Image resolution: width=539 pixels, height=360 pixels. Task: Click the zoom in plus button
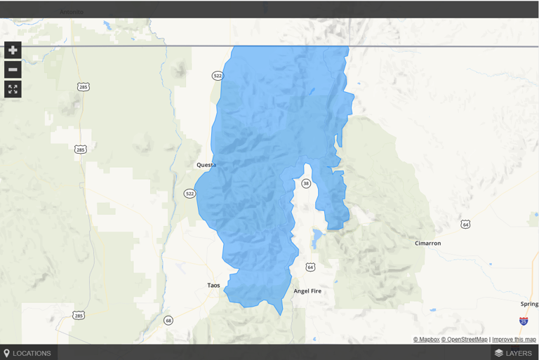pyautogui.click(x=13, y=50)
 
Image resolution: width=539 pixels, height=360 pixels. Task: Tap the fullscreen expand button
pyautogui.click(x=13, y=89)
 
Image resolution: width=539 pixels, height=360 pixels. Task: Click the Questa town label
pyautogui.click(x=206, y=165)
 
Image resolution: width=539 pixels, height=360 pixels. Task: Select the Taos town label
pyautogui.click(x=214, y=286)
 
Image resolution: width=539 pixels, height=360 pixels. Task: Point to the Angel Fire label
pyautogui.click(x=307, y=291)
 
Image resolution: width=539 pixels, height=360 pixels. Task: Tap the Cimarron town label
pyautogui.click(x=427, y=244)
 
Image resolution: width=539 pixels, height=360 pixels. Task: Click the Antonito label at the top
pyautogui.click(x=72, y=12)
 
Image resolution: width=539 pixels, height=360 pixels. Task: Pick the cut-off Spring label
pyautogui.click(x=529, y=304)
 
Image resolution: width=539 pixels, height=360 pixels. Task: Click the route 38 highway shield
pyautogui.click(x=306, y=183)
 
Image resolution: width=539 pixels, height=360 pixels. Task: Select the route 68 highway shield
pyautogui.click(x=168, y=321)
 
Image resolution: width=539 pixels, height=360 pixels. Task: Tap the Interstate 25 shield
pyautogui.click(x=524, y=321)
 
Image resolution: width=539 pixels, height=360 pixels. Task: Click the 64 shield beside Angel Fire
pyautogui.click(x=310, y=267)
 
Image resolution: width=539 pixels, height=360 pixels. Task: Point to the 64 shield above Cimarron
pyautogui.click(x=465, y=224)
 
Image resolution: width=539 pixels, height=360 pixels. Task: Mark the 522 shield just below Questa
pyautogui.click(x=189, y=193)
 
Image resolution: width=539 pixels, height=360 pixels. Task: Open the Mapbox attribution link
pyautogui.click(x=426, y=340)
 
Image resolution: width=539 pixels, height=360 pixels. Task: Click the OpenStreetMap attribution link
pyautogui.click(x=464, y=340)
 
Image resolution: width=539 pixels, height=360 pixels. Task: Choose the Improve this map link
pyautogui.click(x=514, y=340)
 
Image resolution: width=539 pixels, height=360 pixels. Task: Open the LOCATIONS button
pyautogui.click(x=28, y=353)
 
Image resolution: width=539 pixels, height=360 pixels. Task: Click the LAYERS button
pyautogui.click(x=513, y=353)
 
